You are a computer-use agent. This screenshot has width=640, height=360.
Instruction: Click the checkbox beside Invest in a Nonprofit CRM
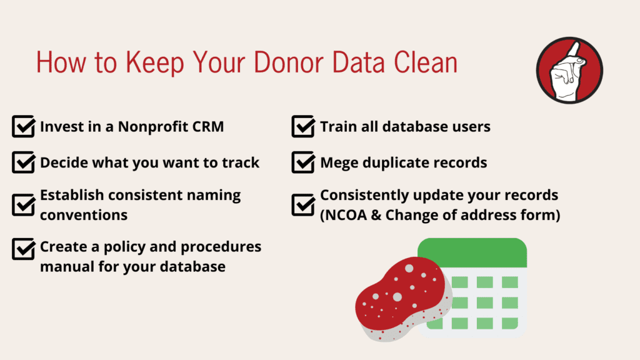coord(23,126)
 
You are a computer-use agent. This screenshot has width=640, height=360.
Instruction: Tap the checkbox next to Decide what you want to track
coord(23,162)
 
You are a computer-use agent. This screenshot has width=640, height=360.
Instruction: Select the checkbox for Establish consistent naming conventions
coord(23,205)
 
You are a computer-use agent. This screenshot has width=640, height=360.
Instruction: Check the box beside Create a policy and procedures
coord(23,249)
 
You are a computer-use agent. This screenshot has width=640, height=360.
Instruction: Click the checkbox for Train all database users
coord(303,126)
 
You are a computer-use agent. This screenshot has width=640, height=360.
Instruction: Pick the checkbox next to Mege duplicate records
coord(303,162)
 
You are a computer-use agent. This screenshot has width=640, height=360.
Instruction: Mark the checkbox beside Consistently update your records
coord(303,205)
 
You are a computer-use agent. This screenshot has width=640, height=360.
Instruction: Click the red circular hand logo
coord(569,70)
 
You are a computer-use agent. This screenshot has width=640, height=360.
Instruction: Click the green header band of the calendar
coord(472,252)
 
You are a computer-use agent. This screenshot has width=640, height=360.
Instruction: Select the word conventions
coord(84,215)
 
